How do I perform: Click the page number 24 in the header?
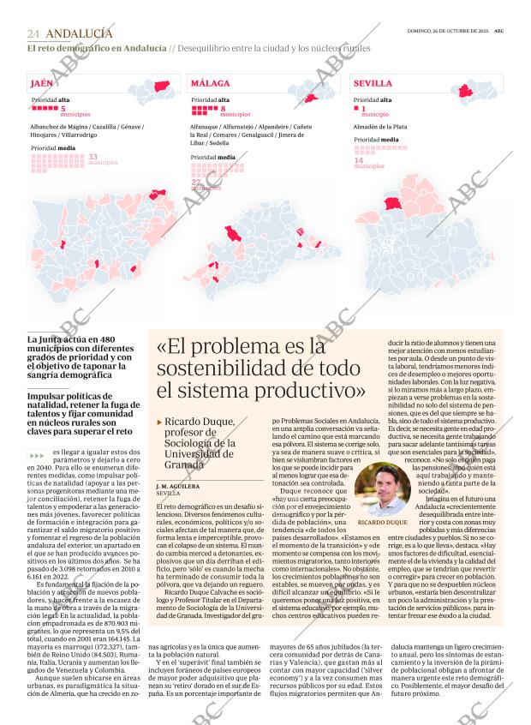click(x=33, y=33)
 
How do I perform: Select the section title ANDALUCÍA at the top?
click(x=78, y=33)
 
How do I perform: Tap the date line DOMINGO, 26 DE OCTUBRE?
click(x=446, y=31)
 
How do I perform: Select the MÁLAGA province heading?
click(x=210, y=84)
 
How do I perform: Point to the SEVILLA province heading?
click(x=373, y=84)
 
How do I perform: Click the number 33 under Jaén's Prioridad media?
click(x=92, y=156)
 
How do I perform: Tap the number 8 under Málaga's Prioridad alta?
click(x=223, y=109)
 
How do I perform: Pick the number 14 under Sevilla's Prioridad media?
click(x=359, y=160)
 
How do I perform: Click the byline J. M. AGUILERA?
click(x=178, y=486)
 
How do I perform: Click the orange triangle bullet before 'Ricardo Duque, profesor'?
click(x=159, y=422)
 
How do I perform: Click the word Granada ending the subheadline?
click(x=184, y=464)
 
